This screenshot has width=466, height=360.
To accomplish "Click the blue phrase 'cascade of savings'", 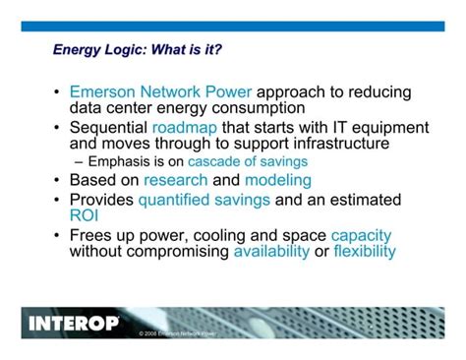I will pos(248,161).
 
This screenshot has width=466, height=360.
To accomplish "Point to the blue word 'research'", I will pos(175,180).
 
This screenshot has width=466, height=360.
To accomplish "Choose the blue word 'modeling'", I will pos(278,180).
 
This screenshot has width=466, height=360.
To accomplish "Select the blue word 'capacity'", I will pos(361,236).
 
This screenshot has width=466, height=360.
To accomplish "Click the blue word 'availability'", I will pos(270,251).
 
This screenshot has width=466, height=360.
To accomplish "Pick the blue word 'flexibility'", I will pos(365,251).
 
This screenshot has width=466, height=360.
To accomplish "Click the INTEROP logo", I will pos(75,322).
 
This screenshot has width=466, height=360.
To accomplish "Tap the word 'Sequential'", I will pos(108,128).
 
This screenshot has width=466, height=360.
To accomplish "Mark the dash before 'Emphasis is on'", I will pos(79,161).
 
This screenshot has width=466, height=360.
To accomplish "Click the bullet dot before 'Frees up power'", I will pos(57,236).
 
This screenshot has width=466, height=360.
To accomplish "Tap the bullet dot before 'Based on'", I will pos(57,180).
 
